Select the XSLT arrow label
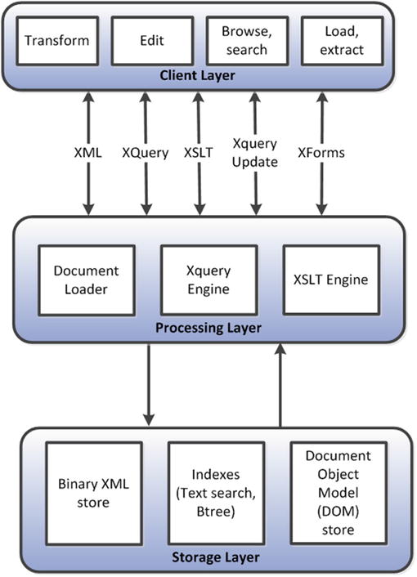[198, 151]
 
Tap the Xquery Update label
[256, 152]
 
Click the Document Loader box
[86, 280]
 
